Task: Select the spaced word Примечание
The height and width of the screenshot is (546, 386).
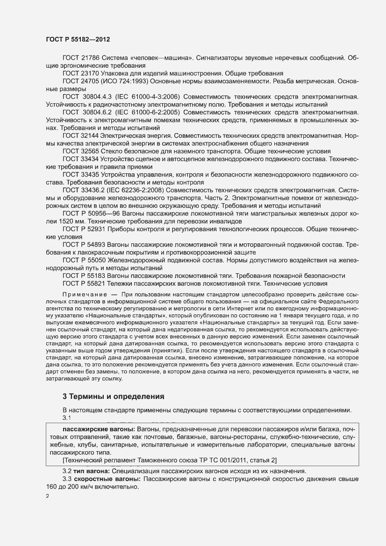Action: point(82,295)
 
